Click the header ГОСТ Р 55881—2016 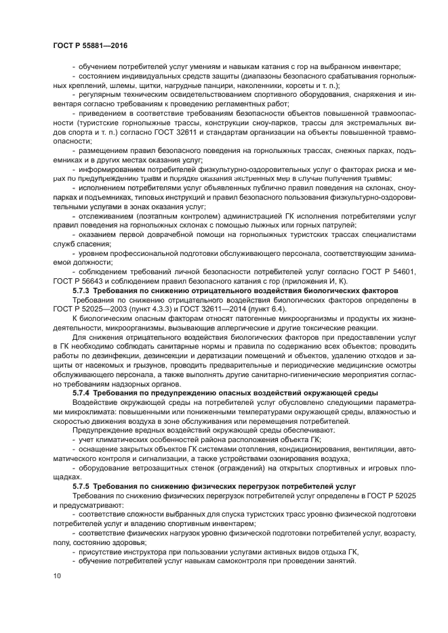pos(90,46)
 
